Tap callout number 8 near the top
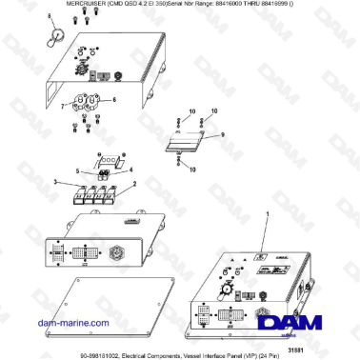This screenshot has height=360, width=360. [52, 17]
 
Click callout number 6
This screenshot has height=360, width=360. [115, 100]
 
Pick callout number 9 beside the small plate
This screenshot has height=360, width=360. [225, 135]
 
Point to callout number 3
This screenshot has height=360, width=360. [55, 180]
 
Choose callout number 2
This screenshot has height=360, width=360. [134, 183]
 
